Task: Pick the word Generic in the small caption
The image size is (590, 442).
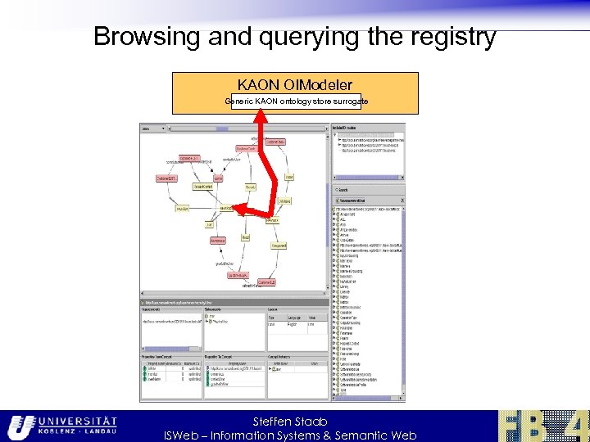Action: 238,101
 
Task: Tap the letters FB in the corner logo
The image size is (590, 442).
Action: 525,426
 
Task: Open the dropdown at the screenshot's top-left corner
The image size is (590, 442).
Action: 152,129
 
